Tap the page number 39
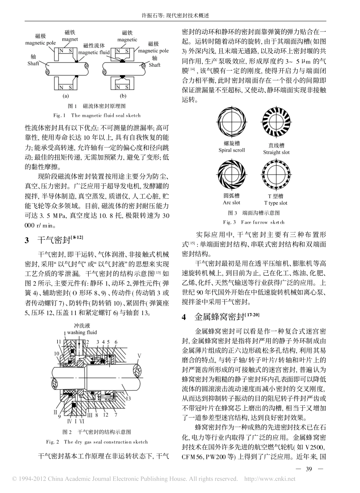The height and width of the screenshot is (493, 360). [308, 469]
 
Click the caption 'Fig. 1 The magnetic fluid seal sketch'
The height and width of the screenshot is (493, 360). [97, 115]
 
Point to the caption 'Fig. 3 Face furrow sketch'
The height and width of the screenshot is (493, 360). [254, 222]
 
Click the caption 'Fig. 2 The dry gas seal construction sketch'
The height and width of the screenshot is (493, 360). [97, 442]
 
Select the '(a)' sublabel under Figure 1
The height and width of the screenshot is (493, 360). [65, 96]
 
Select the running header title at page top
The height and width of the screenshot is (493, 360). [180, 16]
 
